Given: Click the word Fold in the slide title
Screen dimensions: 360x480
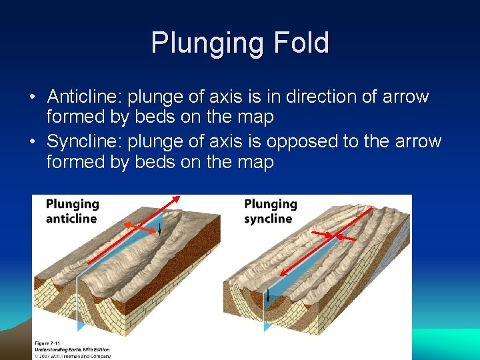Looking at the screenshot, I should click(301, 43).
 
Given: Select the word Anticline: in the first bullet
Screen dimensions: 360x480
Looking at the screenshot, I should click(85, 97).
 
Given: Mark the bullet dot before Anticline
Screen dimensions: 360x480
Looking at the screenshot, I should click(33, 97).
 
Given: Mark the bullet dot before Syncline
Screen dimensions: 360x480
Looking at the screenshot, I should click(33, 142).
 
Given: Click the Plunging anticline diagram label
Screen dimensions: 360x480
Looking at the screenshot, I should click(72, 211).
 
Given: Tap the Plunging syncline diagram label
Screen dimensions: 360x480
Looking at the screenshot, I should click(270, 211).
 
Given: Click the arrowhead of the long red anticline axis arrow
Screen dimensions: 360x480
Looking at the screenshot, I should click(177, 198).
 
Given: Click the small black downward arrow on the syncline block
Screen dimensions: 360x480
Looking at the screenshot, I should click(267, 297).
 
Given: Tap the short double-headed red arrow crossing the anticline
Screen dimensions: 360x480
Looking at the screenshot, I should click(141, 228).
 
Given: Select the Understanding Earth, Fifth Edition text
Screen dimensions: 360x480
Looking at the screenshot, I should click(72, 349).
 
